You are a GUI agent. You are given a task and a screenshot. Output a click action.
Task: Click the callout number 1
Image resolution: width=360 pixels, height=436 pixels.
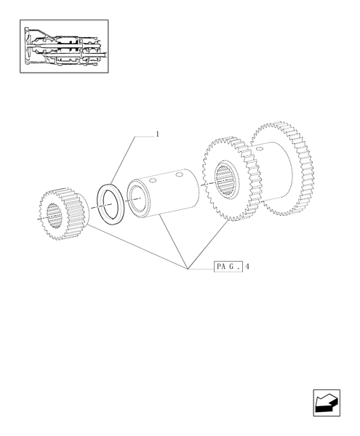click(156, 134)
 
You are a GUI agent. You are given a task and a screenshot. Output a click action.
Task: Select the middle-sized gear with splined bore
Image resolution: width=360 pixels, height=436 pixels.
click(231, 178)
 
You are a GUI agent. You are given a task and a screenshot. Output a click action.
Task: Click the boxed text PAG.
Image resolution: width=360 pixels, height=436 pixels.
click(228, 267)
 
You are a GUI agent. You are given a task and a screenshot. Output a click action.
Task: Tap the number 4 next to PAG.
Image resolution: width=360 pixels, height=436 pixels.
click(247, 267)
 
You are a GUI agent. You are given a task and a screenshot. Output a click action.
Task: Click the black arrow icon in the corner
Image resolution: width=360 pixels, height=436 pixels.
click(325, 402)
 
